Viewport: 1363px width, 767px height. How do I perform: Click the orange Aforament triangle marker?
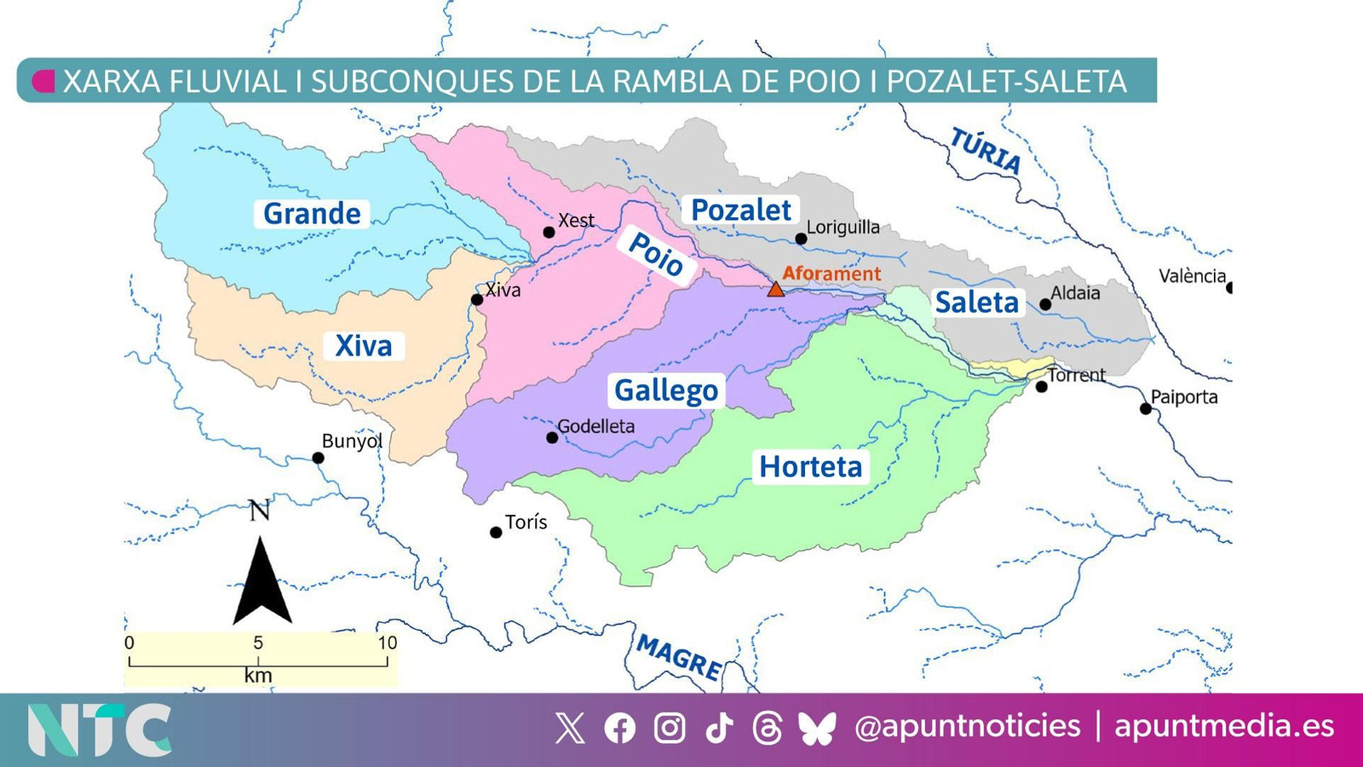[x=775, y=290]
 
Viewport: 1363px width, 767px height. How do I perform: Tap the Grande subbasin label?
[x=312, y=213]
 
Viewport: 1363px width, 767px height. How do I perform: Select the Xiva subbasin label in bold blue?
[x=364, y=345]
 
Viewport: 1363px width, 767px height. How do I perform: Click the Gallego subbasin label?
[x=666, y=390]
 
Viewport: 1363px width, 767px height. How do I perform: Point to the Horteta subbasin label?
[x=810, y=466]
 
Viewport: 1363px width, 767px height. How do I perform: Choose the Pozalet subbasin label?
[x=740, y=210]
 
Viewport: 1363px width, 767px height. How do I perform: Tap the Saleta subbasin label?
[x=976, y=302]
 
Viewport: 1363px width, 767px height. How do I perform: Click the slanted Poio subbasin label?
[x=656, y=254]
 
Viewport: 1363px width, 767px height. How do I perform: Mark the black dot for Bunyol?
[x=318, y=458]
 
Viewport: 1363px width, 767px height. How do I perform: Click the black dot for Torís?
[x=496, y=533]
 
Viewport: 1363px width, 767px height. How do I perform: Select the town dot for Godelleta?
[x=552, y=437]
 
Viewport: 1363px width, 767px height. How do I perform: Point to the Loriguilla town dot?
[x=801, y=239]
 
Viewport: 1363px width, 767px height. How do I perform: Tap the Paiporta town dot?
[x=1146, y=409]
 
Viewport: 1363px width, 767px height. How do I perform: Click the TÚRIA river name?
[x=986, y=151]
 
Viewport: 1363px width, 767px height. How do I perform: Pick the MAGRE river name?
[x=679, y=657]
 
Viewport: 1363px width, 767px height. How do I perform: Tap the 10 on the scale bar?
[x=388, y=643]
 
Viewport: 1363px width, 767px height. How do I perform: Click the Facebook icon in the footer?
[x=619, y=729]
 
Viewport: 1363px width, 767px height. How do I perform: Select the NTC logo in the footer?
[x=99, y=730]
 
